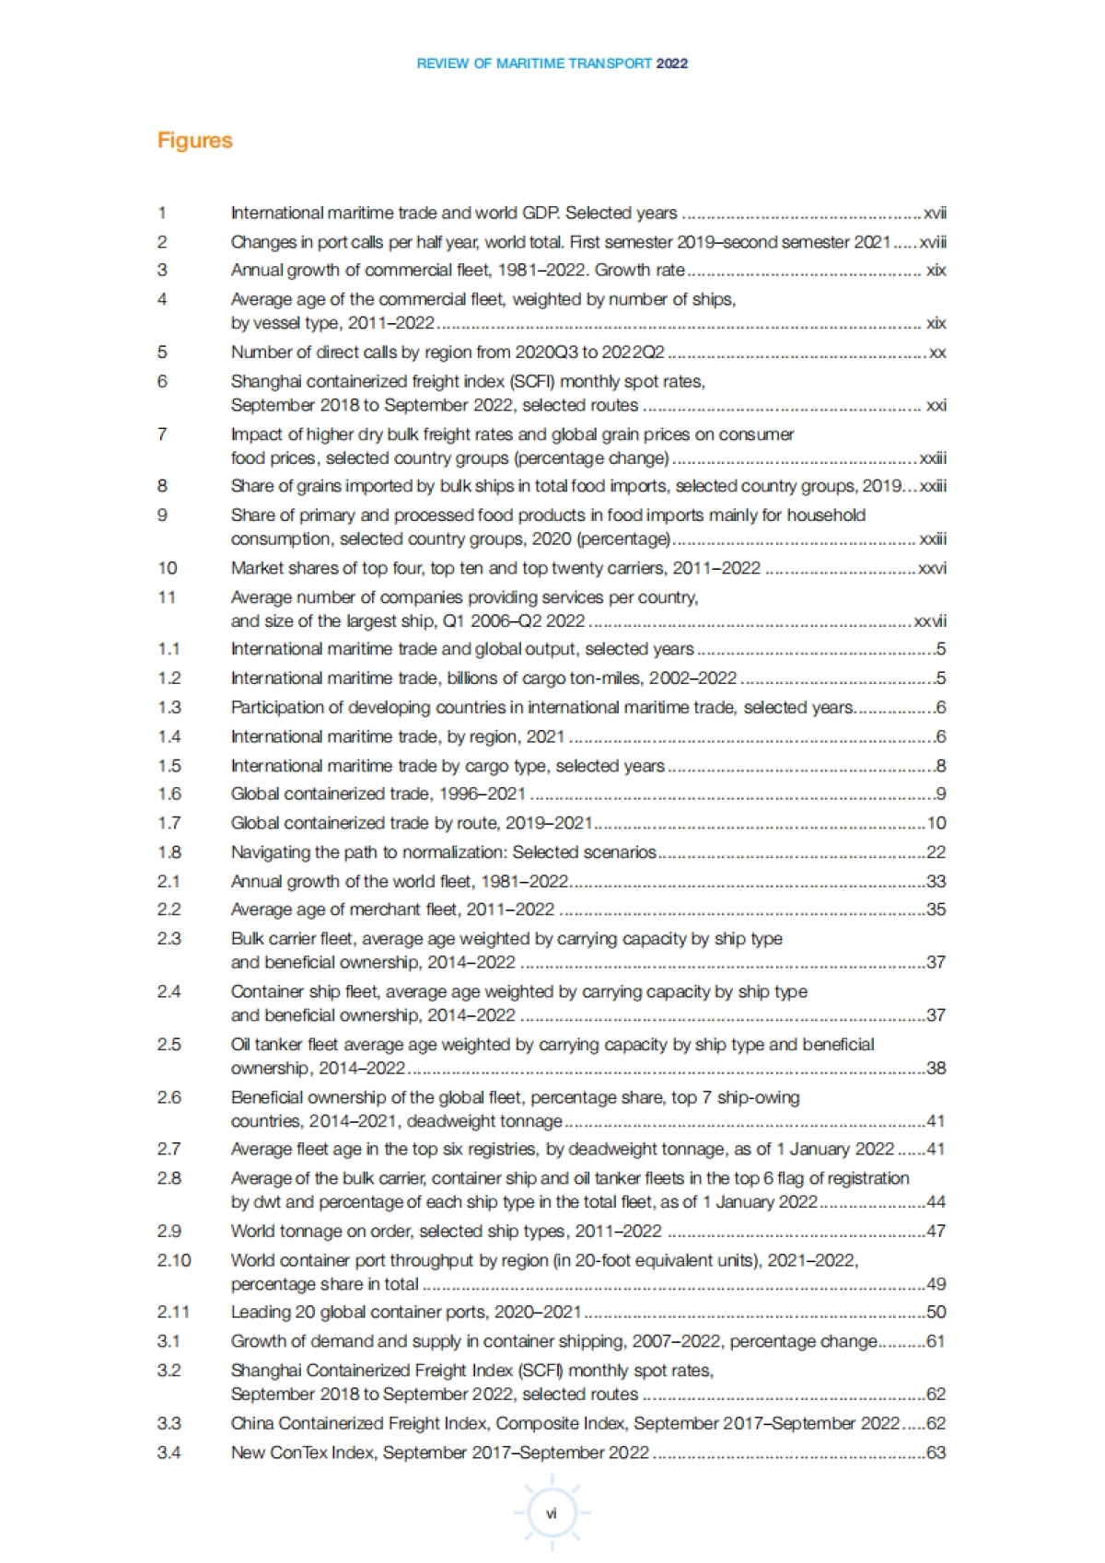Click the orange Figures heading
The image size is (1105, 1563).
[194, 141]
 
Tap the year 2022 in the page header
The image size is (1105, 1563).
[672, 64]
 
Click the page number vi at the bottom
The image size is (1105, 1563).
[552, 1513]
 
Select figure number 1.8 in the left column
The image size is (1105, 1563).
[169, 852]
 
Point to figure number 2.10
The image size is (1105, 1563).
[174, 1260]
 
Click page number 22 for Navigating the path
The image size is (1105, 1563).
[936, 852]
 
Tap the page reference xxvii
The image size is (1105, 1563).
[929, 621]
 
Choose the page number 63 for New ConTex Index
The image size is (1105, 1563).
[936, 1453]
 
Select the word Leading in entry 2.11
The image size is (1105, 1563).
[259, 1312]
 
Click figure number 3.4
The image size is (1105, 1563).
[169, 1453]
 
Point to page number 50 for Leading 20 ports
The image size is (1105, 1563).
[936, 1312]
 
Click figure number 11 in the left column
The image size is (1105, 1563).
[167, 597]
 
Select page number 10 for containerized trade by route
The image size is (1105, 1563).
[936, 823]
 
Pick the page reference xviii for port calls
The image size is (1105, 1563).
[932, 242]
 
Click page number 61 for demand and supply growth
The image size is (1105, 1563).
[936, 1341]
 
